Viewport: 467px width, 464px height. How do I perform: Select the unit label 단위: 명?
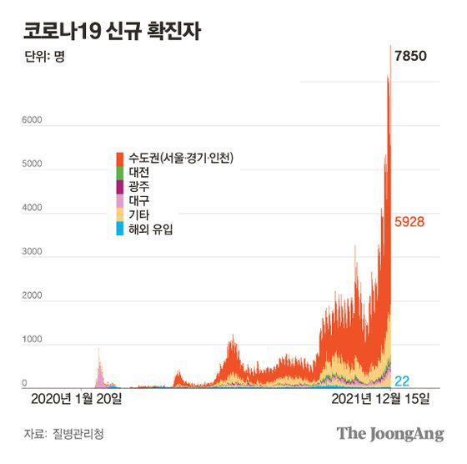click(x=46, y=59)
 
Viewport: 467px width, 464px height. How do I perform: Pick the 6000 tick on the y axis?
click(x=32, y=122)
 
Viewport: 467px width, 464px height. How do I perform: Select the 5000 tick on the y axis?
click(x=32, y=165)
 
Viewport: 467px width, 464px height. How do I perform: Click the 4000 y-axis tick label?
click(x=32, y=209)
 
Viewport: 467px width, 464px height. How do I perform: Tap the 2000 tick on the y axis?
click(x=32, y=296)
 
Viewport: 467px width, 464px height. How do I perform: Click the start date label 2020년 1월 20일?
click(x=76, y=399)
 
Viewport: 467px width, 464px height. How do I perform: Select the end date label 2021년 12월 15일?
click(x=379, y=399)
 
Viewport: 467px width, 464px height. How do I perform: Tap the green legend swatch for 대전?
click(x=122, y=172)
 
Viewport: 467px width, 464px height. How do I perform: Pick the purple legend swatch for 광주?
click(x=122, y=186)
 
